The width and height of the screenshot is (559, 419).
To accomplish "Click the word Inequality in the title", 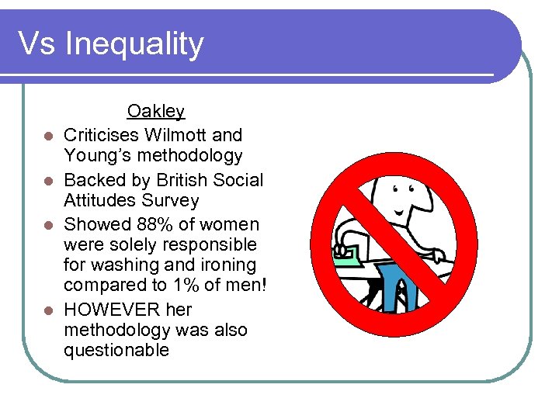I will coord(134,43).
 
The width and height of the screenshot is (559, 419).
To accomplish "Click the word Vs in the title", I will coord(36,43).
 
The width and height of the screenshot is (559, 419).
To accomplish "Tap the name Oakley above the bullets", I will coord(156,112).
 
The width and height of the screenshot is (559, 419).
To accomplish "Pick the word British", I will coord(184,180).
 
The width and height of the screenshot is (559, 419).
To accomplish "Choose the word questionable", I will coord(116,350).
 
